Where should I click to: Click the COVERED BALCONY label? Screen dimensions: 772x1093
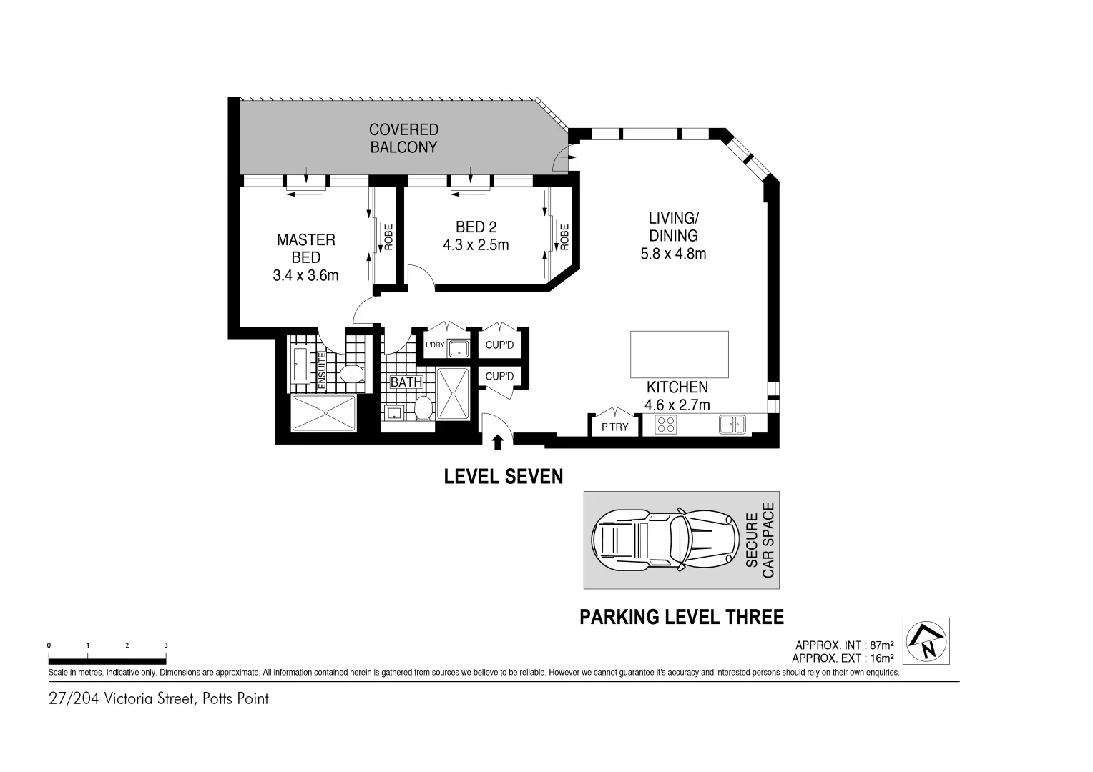(403, 139)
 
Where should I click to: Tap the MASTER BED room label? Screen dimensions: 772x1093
(305, 249)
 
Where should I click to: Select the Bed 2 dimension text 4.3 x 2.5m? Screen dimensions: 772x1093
(476, 245)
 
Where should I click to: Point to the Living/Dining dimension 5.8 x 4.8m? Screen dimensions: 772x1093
(672, 254)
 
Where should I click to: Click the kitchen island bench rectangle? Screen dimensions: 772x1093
(679, 355)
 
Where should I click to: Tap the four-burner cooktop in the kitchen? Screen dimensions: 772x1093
(666, 425)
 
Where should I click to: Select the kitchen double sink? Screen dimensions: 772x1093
(732, 425)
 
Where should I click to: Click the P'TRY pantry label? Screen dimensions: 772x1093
(614, 427)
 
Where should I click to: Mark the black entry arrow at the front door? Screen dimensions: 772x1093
(498, 442)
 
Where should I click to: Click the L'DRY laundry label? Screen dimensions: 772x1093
(435, 345)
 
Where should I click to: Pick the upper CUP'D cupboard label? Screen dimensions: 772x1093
(499, 345)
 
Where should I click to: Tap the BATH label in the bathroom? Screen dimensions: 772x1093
(406, 382)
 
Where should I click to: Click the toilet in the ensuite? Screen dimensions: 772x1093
(351, 373)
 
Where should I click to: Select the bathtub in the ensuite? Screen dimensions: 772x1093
(300, 363)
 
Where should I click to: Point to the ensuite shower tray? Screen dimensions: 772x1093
(324, 413)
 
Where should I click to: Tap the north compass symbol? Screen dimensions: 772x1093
(926, 641)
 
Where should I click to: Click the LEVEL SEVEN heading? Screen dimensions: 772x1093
(504, 477)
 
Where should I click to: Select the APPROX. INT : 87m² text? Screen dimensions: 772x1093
(844, 645)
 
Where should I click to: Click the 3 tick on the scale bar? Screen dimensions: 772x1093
(166, 645)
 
